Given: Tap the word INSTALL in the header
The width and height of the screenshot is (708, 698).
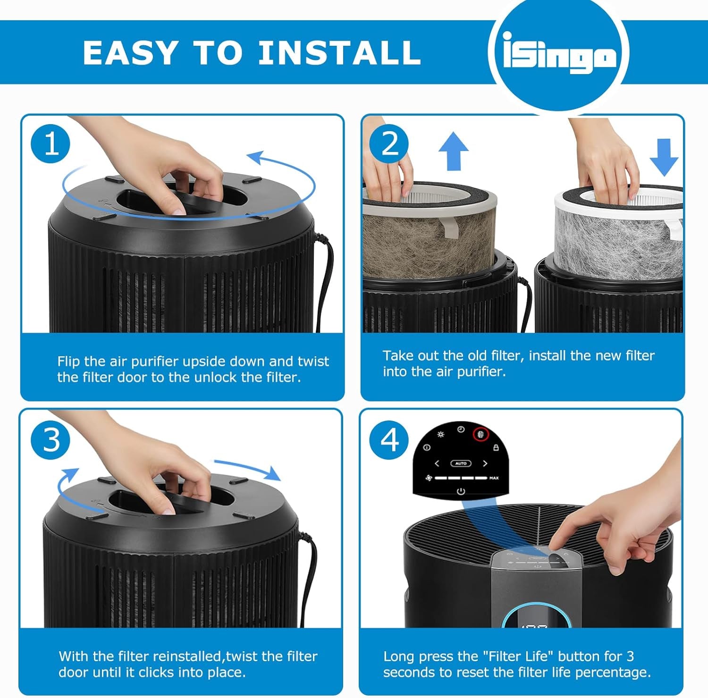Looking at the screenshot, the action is pyautogui.click(x=339, y=52).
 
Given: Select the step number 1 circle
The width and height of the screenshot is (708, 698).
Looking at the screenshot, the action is pyautogui.click(x=51, y=143).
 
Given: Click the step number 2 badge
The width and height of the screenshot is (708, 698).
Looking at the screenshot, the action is pyautogui.click(x=390, y=143).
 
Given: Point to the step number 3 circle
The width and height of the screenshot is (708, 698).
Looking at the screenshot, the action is pyautogui.click(x=51, y=440).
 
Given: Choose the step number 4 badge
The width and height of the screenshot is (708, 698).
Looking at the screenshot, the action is pyautogui.click(x=390, y=440).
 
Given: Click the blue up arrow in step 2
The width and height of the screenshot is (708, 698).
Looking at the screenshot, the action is pyautogui.click(x=454, y=151).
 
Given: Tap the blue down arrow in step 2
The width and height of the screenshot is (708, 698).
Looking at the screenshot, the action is pyautogui.click(x=664, y=157).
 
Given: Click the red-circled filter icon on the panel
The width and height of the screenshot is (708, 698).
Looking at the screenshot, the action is pyautogui.click(x=481, y=435).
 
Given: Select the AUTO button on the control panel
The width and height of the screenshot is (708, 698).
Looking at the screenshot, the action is pyautogui.click(x=461, y=463).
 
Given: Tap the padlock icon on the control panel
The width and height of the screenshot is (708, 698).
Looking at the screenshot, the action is pyautogui.click(x=496, y=447).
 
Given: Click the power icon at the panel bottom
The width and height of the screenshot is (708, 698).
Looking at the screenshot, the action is pyautogui.click(x=461, y=491).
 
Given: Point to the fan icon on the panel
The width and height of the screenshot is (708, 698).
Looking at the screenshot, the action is pyautogui.click(x=429, y=478).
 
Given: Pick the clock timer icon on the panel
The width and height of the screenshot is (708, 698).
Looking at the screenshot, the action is pyautogui.click(x=461, y=429).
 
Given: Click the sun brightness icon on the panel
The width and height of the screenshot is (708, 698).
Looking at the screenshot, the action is pyautogui.click(x=441, y=434).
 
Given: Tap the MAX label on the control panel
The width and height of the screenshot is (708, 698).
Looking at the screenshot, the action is pyautogui.click(x=494, y=478).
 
